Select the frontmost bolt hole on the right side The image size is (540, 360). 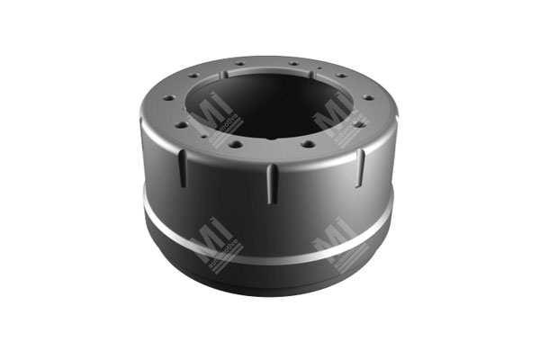(x=307, y=143)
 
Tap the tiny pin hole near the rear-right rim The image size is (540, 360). (x=319, y=69)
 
